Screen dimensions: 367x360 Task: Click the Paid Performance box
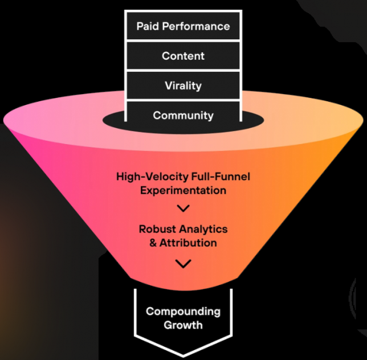pyautogui.click(x=183, y=26)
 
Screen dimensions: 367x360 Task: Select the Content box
pyautogui.click(x=183, y=56)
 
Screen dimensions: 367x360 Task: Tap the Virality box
pyautogui.click(x=183, y=85)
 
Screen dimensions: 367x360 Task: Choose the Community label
pyautogui.click(x=183, y=115)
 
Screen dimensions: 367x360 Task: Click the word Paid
pyautogui.click(x=148, y=26)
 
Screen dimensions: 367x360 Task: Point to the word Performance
pyautogui.click(x=196, y=26)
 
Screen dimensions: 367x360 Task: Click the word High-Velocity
pyautogui.click(x=153, y=177)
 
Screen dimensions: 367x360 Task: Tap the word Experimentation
pyautogui.click(x=183, y=190)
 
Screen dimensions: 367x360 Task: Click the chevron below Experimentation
pyautogui.click(x=183, y=208)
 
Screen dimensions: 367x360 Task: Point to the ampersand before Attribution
pyautogui.click(x=153, y=243)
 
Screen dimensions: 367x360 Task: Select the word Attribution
pyautogui.click(x=188, y=243)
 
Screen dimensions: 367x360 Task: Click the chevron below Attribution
pyautogui.click(x=183, y=264)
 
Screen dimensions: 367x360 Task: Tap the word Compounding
pyautogui.click(x=183, y=312)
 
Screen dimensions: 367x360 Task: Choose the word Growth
pyautogui.click(x=183, y=325)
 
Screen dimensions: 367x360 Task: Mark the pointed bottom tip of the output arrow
pyautogui.click(x=183, y=357)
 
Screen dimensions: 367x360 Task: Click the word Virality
pyautogui.click(x=183, y=86)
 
